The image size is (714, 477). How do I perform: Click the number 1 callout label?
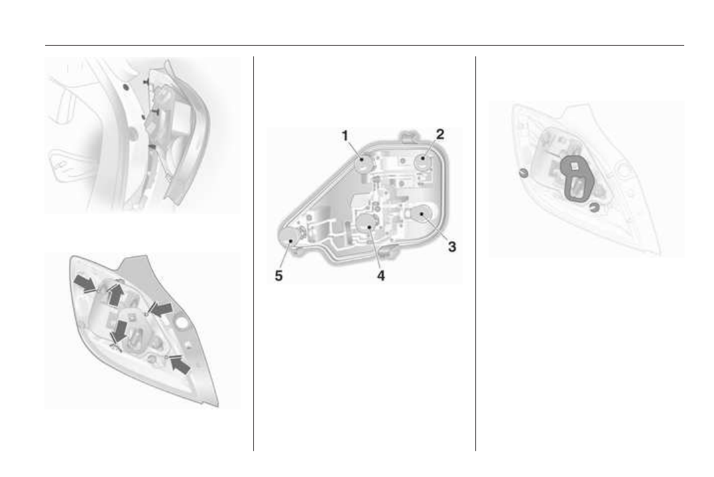(345, 136)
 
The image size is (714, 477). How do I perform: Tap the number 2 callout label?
(440, 134)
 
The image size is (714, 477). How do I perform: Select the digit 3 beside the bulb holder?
(451, 246)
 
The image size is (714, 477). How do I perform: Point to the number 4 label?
(381, 276)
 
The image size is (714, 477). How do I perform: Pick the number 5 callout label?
(278, 276)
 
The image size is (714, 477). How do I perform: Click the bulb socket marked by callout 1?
(363, 162)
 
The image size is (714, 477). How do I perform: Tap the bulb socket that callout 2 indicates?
(422, 161)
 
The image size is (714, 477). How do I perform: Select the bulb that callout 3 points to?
(422, 215)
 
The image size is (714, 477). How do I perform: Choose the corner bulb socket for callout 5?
(288, 235)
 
